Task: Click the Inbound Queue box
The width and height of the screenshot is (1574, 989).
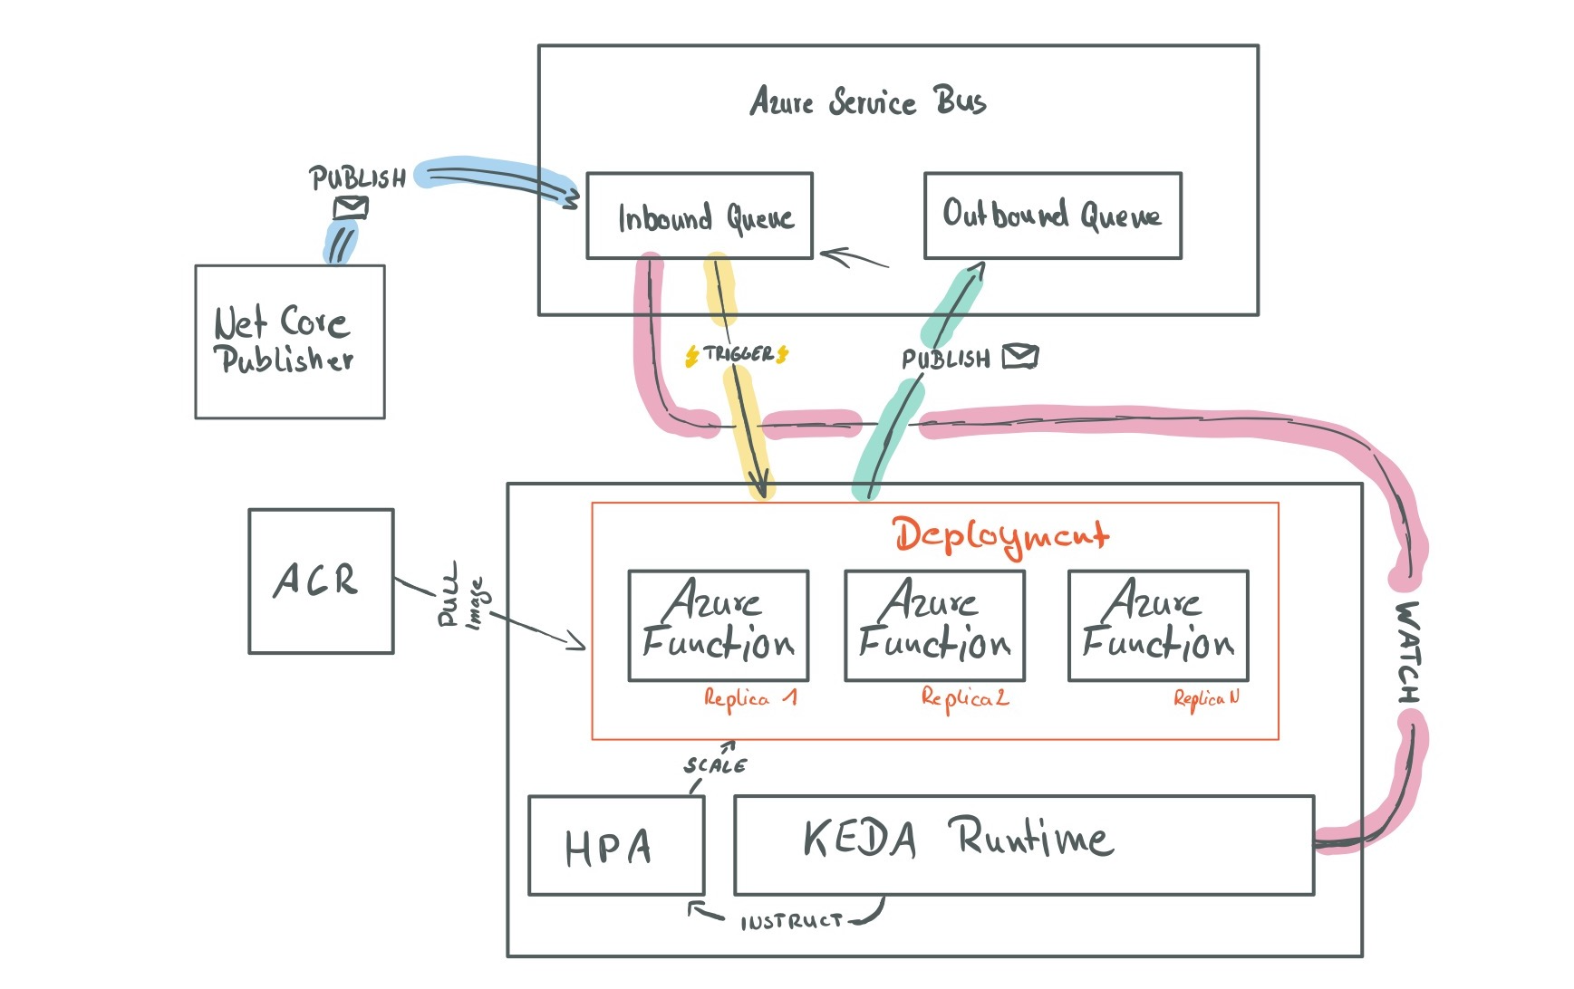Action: (699, 216)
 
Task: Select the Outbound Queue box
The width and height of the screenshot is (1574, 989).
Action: (1051, 216)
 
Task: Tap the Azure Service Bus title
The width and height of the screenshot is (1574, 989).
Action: (867, 101)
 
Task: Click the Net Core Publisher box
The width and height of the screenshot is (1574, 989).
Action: (289, 341)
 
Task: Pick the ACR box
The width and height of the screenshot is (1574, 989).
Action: (321, 581)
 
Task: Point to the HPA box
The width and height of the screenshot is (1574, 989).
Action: (615, 846)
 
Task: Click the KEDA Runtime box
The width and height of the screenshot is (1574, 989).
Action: (1022, 844)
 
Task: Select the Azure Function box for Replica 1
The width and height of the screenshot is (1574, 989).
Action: (718, 625)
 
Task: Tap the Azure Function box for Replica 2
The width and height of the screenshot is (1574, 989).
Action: (933, 625)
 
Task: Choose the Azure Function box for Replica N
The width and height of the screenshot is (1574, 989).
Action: (1157, 625)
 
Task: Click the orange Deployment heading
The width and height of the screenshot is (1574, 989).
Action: (1000, 535)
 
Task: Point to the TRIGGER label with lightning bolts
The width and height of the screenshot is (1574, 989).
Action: (737, 354)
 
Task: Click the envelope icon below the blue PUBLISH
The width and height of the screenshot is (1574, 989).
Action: (351, 208)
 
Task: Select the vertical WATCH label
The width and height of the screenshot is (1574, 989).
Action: (1407, 652)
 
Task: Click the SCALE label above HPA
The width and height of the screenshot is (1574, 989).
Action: (715, 765)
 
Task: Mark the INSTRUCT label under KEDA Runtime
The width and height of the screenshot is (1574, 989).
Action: (790, 922)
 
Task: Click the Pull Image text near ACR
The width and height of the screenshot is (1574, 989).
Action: (462, 598)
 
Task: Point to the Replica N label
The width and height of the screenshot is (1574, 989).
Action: (1205, 698)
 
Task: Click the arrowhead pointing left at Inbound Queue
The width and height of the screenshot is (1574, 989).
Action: (830, 255)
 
